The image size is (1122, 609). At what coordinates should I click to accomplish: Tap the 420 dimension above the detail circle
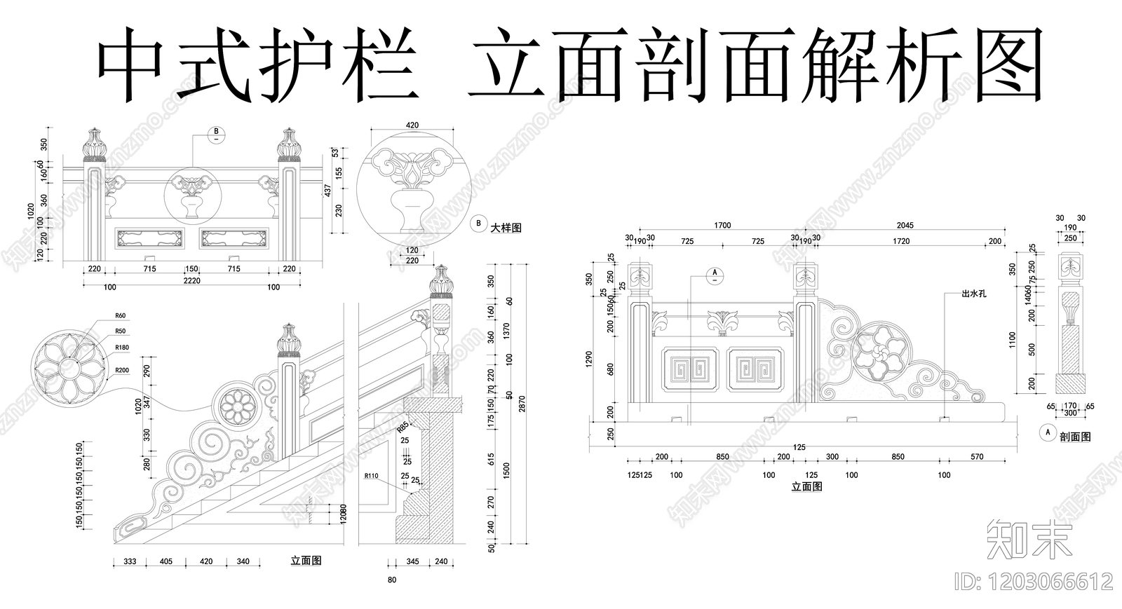tap(412, 125)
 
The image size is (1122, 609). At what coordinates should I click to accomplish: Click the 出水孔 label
tap(974, 294)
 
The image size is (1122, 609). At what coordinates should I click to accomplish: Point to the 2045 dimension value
tap(905, 226)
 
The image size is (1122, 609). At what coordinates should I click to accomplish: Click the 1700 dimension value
tap(722, 226)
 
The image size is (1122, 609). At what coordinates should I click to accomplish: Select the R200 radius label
tap(122, 370)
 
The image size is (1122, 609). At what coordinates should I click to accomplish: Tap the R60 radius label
tap(120, 316)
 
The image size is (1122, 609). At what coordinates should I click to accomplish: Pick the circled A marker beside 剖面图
tap(1048, 432)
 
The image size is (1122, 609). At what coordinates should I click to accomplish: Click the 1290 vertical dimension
tap(590, 360)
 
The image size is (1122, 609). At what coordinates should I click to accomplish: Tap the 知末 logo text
tap(1029, 540)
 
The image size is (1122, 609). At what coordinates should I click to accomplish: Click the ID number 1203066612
tap(1034, 582)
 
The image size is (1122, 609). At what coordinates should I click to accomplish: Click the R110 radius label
tap(371, 476)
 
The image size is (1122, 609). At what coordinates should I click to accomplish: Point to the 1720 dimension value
tap(901, 241)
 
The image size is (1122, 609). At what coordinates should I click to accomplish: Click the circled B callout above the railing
tap(216, 131)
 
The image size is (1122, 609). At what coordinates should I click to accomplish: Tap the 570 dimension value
tap(977, 457)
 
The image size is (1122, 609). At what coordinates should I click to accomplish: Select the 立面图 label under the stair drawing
tap(306, 561)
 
